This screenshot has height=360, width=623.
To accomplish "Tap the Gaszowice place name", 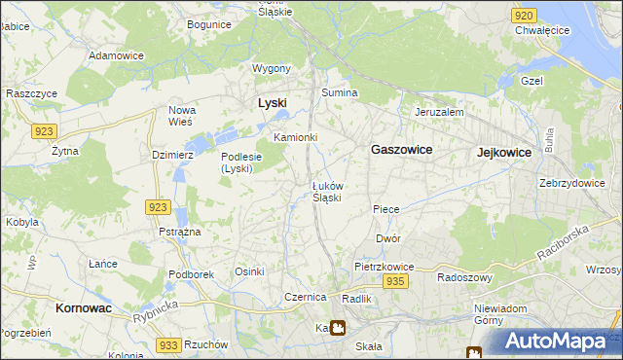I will tap(401, 151).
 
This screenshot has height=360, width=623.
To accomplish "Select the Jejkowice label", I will tap(504, 153).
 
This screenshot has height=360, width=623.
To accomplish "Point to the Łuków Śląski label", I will tap(326, 192).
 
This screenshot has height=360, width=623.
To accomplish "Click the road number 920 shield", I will tap(524, 16).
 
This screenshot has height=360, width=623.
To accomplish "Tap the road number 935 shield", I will tap(394, 281).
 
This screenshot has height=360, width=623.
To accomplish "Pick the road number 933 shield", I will tap(167, 345).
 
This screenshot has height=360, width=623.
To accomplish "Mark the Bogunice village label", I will tap(209, 23).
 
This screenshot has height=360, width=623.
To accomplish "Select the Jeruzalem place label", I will tap(438, 112).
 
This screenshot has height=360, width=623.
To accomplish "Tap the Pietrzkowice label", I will tap(385, 266).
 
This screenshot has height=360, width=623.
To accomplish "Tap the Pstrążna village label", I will tap(180, 233).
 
